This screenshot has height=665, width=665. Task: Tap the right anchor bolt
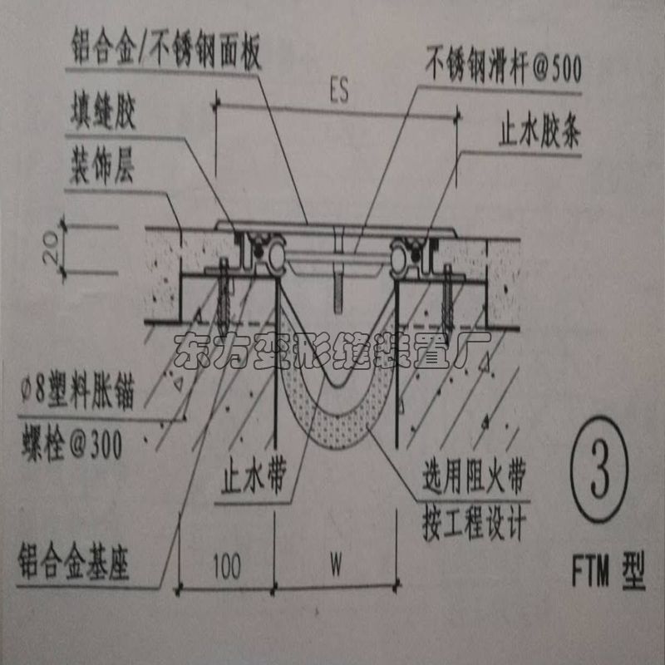pyautogui.click(x=449, y=299)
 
